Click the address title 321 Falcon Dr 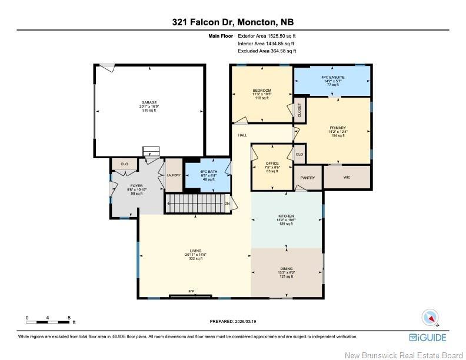pyautogui.click(x=232, y=22)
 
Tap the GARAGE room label pyautogui.click(x=148, y=102)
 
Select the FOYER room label pyautogui.click(x=136, y=185)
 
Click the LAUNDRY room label pyautogui.click(x=174, y=175)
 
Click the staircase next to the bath pyautogui.click(x=195, y=204)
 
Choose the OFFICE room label pyautogui.click(x=272, y=164)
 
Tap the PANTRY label pyautogui.click(x=308, y=178)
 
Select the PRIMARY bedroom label pyautogui.click(x=338, y=128)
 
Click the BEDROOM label pyautogui.click(x=262, y=90)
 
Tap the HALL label pyautogui.click(x=242, y=135)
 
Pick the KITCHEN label pyautogui.click(x=286, y=216)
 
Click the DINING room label pyautogui.click(x=286, y=268)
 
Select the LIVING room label pyautogui.click(x=195, y=251)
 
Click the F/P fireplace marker pyautogui.click(x=191, y=291)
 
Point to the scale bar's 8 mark pyautogui.click(x=69, y=318)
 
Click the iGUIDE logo pyautogui.click(x=428, y=337)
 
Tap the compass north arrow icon pyautogui.click(x=431, y=318)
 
